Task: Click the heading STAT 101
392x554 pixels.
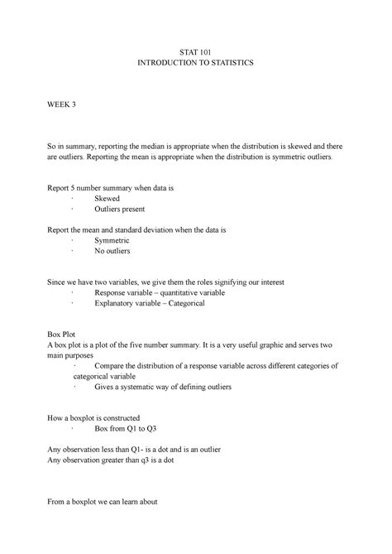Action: tap(195, 50)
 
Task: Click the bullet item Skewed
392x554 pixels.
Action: tap(108, 200)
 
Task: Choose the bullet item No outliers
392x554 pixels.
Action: tap(112, 250)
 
